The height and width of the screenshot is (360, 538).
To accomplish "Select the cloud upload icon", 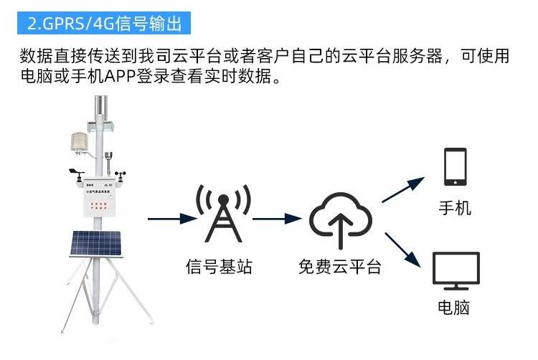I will click(340, 214).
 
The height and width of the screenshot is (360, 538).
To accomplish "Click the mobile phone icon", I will click(455, 166).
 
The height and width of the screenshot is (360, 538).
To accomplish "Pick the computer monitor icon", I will click(456, 271).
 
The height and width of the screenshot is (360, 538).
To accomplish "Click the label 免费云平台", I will click(340, 268).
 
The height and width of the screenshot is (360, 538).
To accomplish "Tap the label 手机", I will click(455, 208).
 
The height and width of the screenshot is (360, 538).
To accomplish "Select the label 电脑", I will click(455, 309).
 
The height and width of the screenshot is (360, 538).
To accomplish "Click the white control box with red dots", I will click(99, 204).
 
